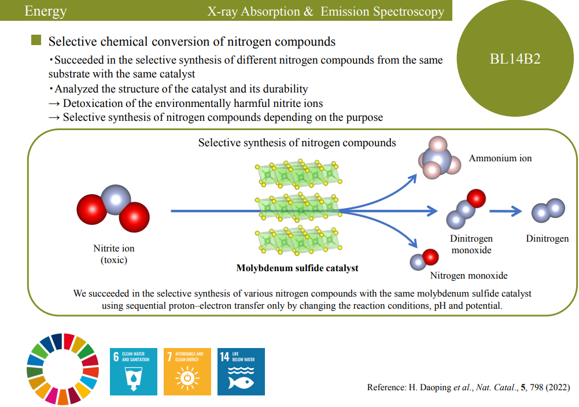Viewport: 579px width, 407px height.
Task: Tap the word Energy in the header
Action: pyautogui.click(x=46, y=11)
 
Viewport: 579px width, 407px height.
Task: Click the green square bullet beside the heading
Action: pyautogui.click(x=36, y=40)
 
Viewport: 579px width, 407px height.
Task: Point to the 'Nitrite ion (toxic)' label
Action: pyautogui.click(x=113, y=254)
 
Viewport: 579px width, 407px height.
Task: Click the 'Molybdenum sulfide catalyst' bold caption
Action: pyautogui.click(x=297, y=268)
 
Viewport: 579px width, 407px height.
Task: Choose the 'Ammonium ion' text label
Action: pyautogui.click(x=500, y=158)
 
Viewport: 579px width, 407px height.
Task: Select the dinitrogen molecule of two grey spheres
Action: pyautogui.click(x=548, y=210)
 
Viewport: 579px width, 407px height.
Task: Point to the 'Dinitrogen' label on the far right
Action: pyautogui.click(x=547, y=238)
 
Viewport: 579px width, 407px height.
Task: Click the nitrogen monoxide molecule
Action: pyautogui.click(x=424, y=258)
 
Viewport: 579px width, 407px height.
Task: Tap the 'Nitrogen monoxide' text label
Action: pyautogui.click(x=469, y=275)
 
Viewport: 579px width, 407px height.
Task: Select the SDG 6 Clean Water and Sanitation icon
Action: pyautogui.click(x=134, y=372)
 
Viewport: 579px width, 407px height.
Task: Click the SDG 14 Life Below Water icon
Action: pyautogui.click(x=241, y=372)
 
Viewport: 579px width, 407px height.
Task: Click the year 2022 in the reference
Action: pyautogui.click(x=558, y=387)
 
